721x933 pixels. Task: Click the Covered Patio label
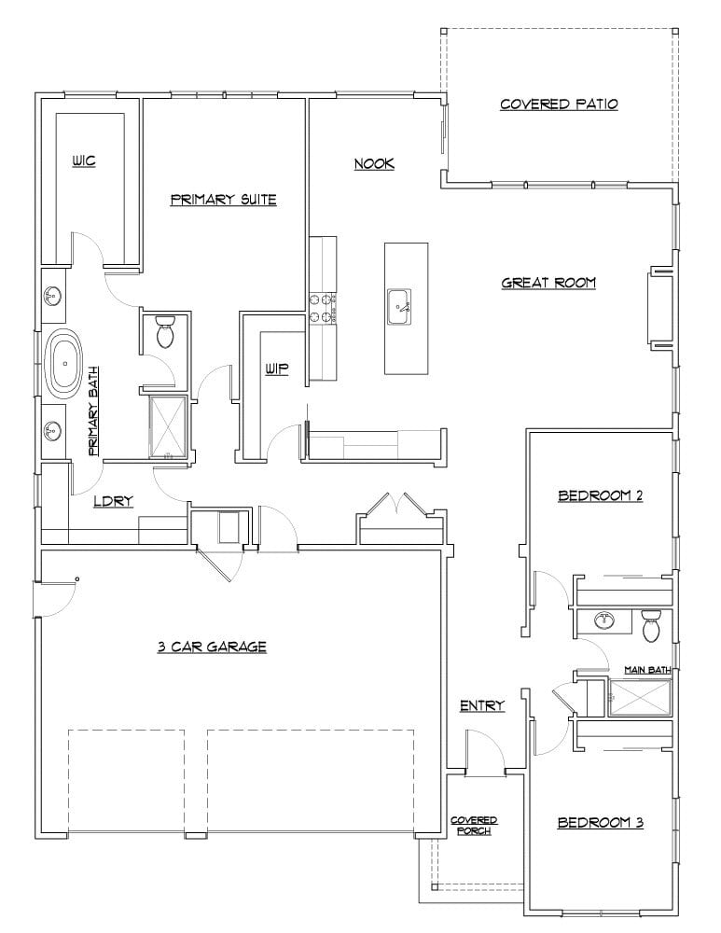(559, 104)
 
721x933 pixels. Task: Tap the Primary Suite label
(224, 200)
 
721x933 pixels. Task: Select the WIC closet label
(84, 161)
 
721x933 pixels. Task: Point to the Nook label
(374, 164)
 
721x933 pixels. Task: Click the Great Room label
(548, 283)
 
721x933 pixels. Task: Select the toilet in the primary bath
(166, 332)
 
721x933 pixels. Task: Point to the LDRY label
(114, 501)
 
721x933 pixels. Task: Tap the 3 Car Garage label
(212, 646)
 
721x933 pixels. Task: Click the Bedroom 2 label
(600, 495)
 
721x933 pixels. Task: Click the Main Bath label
(648, 669)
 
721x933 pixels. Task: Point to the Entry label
(482, 706)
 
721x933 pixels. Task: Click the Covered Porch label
(474, 826)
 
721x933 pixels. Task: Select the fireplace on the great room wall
(659, 308)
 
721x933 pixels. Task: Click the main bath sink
(603, 620)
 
